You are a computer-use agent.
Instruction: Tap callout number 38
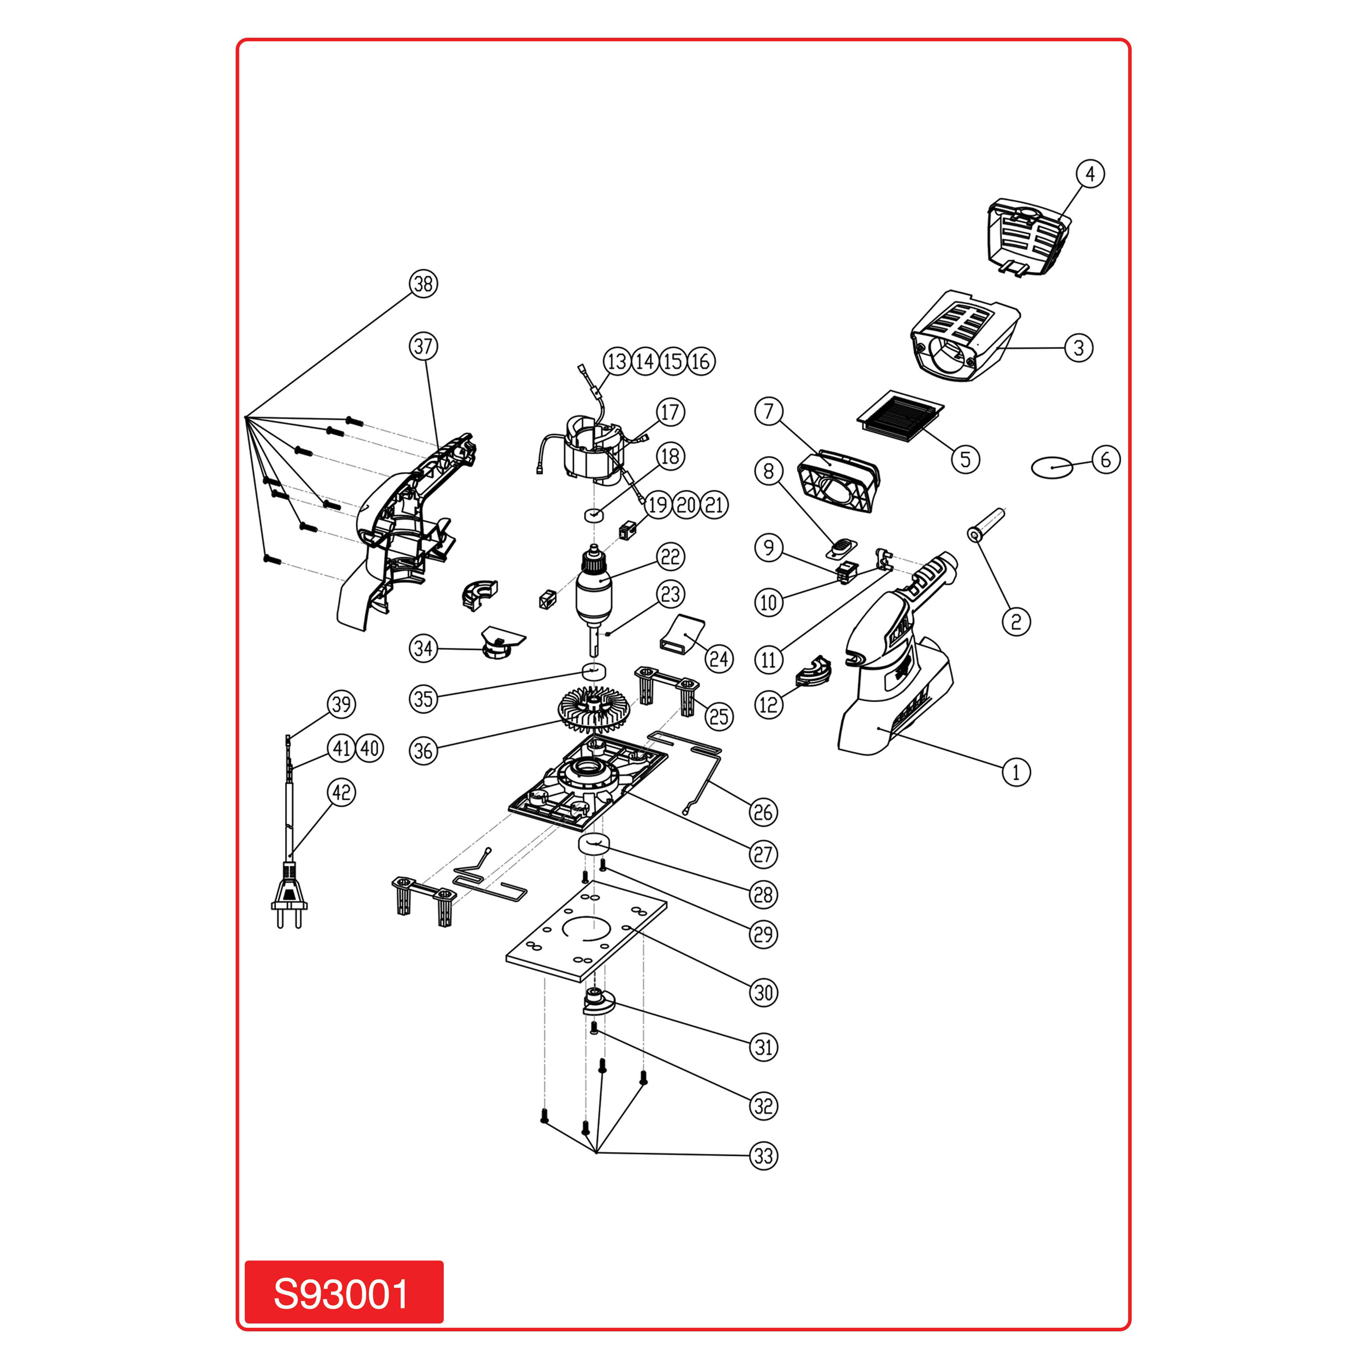[x=423, y=284]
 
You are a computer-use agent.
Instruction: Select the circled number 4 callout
[x=1090, y=173]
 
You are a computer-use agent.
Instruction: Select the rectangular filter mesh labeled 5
[x=900, y=415]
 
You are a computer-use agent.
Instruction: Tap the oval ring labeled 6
[x=1052, y=467]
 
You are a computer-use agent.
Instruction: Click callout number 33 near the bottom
[x=763, y=1156]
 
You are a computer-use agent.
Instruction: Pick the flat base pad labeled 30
[x=586, y=931]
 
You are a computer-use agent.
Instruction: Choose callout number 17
[x=670, y=412]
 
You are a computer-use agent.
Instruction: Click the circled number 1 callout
[x=1016, y=772]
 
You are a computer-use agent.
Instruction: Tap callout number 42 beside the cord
[x=341, y=792]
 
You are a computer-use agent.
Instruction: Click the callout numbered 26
[x=763, y=812]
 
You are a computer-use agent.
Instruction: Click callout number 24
[x=719, y=659]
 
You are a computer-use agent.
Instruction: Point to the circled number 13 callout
[x=617, y=361]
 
